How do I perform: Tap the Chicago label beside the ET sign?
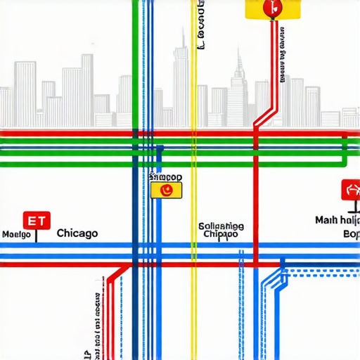tap(77, 233)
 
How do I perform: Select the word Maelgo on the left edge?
tap(16, 234)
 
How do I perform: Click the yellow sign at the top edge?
tap(272, 9)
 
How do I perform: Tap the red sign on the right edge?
tap(350, 190)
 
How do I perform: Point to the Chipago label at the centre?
tap(220, 235)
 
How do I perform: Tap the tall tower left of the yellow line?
tap(181, 77)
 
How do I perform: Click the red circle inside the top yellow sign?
tap(269, 8)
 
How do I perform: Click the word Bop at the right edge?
tap(350, 234)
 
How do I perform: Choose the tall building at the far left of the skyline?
tap(26, 91)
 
